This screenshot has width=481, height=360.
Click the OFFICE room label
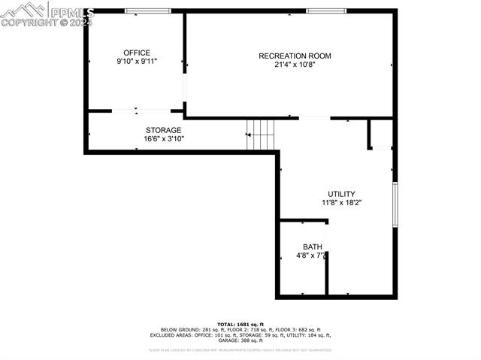(137, 53)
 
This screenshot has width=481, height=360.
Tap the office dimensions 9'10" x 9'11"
(137, 61)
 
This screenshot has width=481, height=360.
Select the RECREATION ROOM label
(295, 56)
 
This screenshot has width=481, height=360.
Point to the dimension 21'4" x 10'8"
(295, 65)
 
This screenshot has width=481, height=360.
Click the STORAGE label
(163, 130)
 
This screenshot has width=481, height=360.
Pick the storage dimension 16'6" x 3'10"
(164, 139)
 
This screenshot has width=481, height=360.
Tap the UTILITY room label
(341, 194)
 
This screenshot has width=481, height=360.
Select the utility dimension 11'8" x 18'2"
(342, 202)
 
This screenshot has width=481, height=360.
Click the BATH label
(312, 247)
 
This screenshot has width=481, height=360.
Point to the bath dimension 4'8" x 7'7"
(310, 256)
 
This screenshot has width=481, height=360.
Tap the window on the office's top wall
(147, 11)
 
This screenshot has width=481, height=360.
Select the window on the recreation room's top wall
(326, 11)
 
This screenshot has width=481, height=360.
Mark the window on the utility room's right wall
(395, 204)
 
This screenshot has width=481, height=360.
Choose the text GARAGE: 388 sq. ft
(241, 340)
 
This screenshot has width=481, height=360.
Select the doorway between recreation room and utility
(314, 118)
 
